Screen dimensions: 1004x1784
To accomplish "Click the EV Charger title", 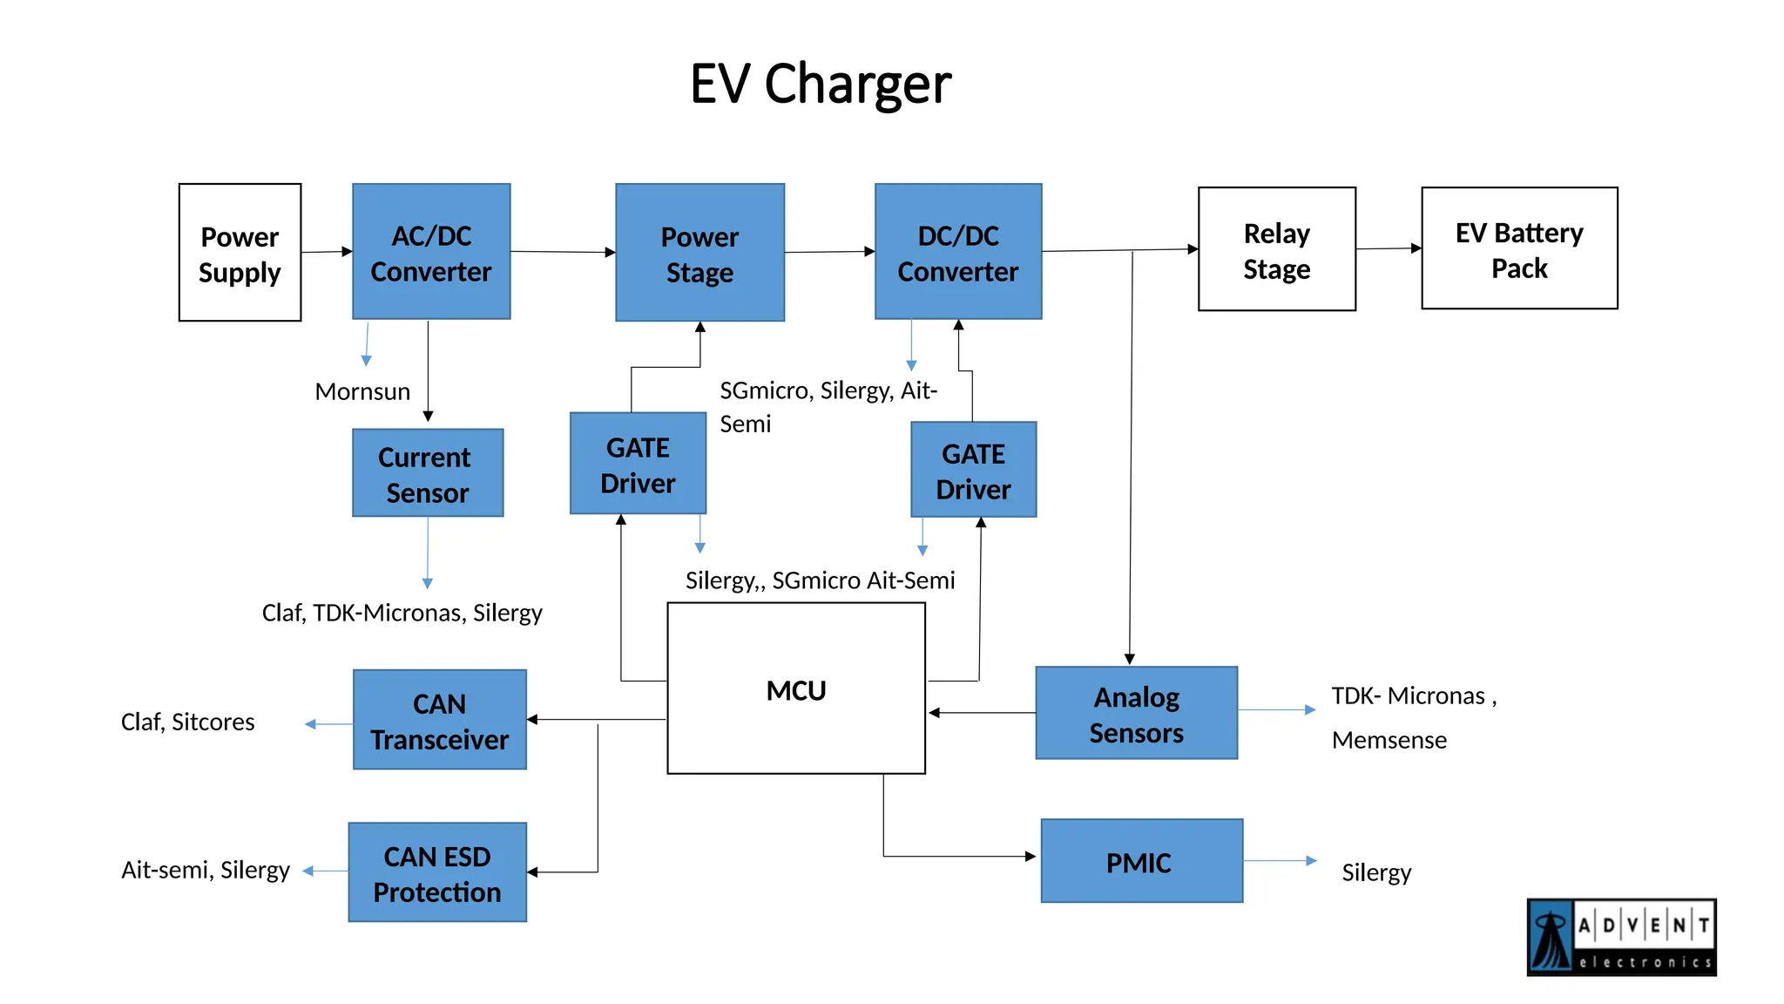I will tap(820, 85).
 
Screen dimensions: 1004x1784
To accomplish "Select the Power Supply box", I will tap(240, 253).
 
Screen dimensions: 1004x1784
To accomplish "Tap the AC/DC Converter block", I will tap(431, 252).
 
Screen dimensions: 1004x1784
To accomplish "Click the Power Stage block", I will tap(699, 253).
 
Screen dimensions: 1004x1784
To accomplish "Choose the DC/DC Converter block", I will tap(958, 252).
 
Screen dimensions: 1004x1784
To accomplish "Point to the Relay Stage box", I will tap(1276, 249).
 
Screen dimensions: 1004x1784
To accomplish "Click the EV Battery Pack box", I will tap(1519, 248).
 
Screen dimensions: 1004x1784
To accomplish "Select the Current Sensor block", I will tap(428, 473).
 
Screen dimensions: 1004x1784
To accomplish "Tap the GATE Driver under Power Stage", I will tap(638, 464).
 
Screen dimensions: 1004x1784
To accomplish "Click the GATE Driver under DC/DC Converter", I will tap(973, 471).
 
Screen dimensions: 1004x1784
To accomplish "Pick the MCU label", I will tap(795, 690).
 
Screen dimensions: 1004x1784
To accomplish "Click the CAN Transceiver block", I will tap(439, 720).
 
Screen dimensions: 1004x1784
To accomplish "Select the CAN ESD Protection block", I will tap(437, 872).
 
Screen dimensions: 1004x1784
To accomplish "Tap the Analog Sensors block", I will tap(1136, 714).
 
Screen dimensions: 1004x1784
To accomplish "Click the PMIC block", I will tap(1141, 861).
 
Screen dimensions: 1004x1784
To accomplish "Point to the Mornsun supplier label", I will tap(362, 391).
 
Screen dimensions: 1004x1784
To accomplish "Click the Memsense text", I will tap(1389, 740).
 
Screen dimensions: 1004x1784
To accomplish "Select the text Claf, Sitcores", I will tap(187, 722).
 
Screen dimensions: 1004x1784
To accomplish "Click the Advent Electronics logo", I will tap(1621, 938).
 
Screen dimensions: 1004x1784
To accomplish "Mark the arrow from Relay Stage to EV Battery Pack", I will tap(1389, 248).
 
